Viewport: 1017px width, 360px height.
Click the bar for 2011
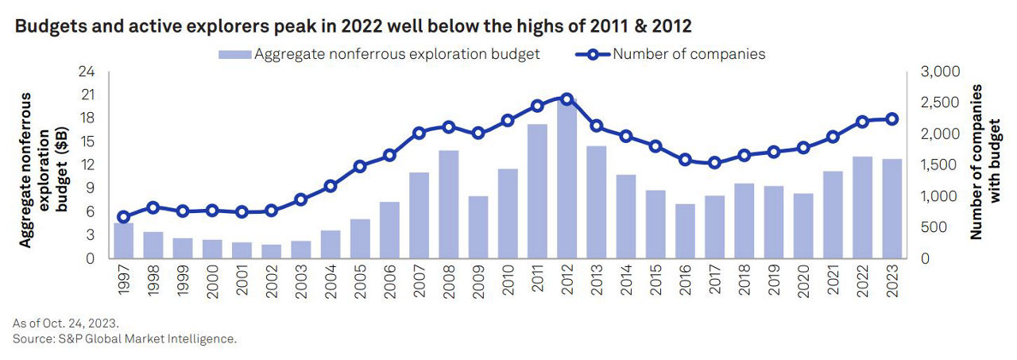click(x=537, y=191)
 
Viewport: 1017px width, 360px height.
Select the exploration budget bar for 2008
click(x=448, y=204)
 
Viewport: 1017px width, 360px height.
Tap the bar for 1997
click(x=123, y=240)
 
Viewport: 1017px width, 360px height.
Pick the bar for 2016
click(x=685, y=230)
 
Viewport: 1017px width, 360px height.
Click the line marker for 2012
click(x=567, y=99)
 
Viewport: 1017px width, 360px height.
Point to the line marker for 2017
click(x=714, y=163)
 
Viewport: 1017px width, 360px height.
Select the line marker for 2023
click(x=892, y=119)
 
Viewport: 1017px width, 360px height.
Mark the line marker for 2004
click(x=331, y=186)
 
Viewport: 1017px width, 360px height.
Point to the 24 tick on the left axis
click(x=87, y=72)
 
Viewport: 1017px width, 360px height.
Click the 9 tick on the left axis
click(x=90, y=188)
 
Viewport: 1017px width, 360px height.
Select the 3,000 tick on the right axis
click(x=939, y=72)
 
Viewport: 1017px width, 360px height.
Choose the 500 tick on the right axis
click(x=934, y=227)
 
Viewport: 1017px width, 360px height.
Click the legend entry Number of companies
click(x=688, y=54)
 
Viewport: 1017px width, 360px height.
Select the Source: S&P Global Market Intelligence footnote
click(x=125, y=339)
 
